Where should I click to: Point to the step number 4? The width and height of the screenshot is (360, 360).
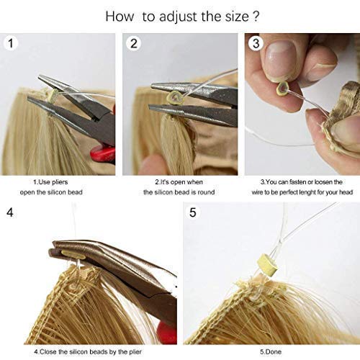point(10,213)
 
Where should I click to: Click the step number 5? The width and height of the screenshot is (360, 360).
point(192,213)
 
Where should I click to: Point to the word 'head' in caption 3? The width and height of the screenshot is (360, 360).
point(333,192)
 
